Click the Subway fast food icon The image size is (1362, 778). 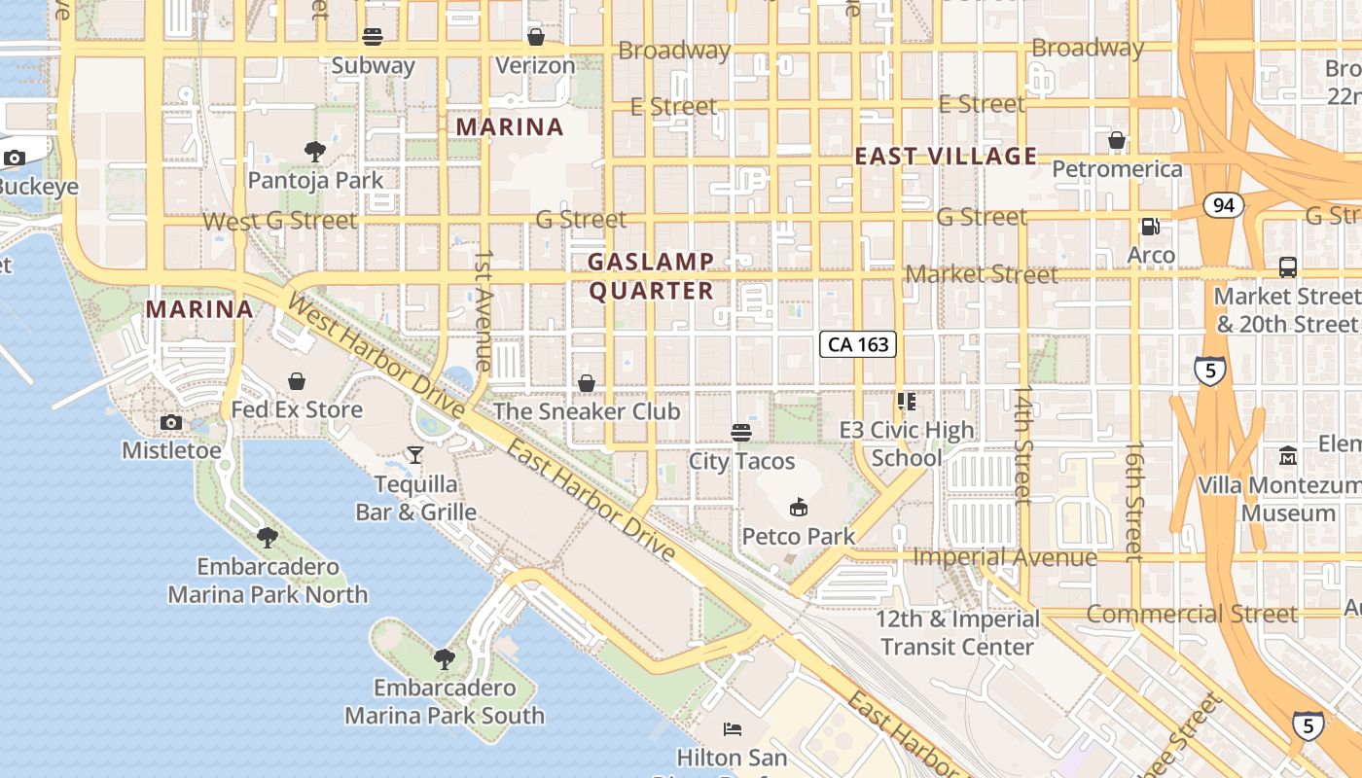[x=373, y=37]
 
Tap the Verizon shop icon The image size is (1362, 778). [x=535, y=37]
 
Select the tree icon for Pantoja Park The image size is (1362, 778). [x=314, y=151]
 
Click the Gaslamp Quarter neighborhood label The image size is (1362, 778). [x=651, y=276]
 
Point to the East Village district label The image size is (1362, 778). [x=946, y=156]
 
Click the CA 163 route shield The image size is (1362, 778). [x=856, y=344]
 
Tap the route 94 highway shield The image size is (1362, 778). [x=1223, y=205]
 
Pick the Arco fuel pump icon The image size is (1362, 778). [x=1150, y=227]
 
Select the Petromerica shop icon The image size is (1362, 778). [x=1117, y=140]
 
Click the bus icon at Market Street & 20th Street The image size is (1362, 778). [x=1287, y=266]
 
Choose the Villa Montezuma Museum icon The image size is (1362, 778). [x=1288, y=455]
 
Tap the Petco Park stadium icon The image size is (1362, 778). [x=799, y=507]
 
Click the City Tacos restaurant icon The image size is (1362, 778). [x=741, y=432]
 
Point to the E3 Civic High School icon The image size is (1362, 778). [x=907, y=402]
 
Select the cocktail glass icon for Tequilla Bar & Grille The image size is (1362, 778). [x=415, y=454]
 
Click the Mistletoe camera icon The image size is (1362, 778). [x=171, y=422]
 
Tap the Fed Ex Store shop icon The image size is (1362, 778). [x=297, y=381]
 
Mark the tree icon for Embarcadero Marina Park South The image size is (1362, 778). [x=444, y=658]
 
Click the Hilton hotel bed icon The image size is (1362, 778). [x=733, y=728]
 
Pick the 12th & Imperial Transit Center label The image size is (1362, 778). [x=957, y=632]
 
